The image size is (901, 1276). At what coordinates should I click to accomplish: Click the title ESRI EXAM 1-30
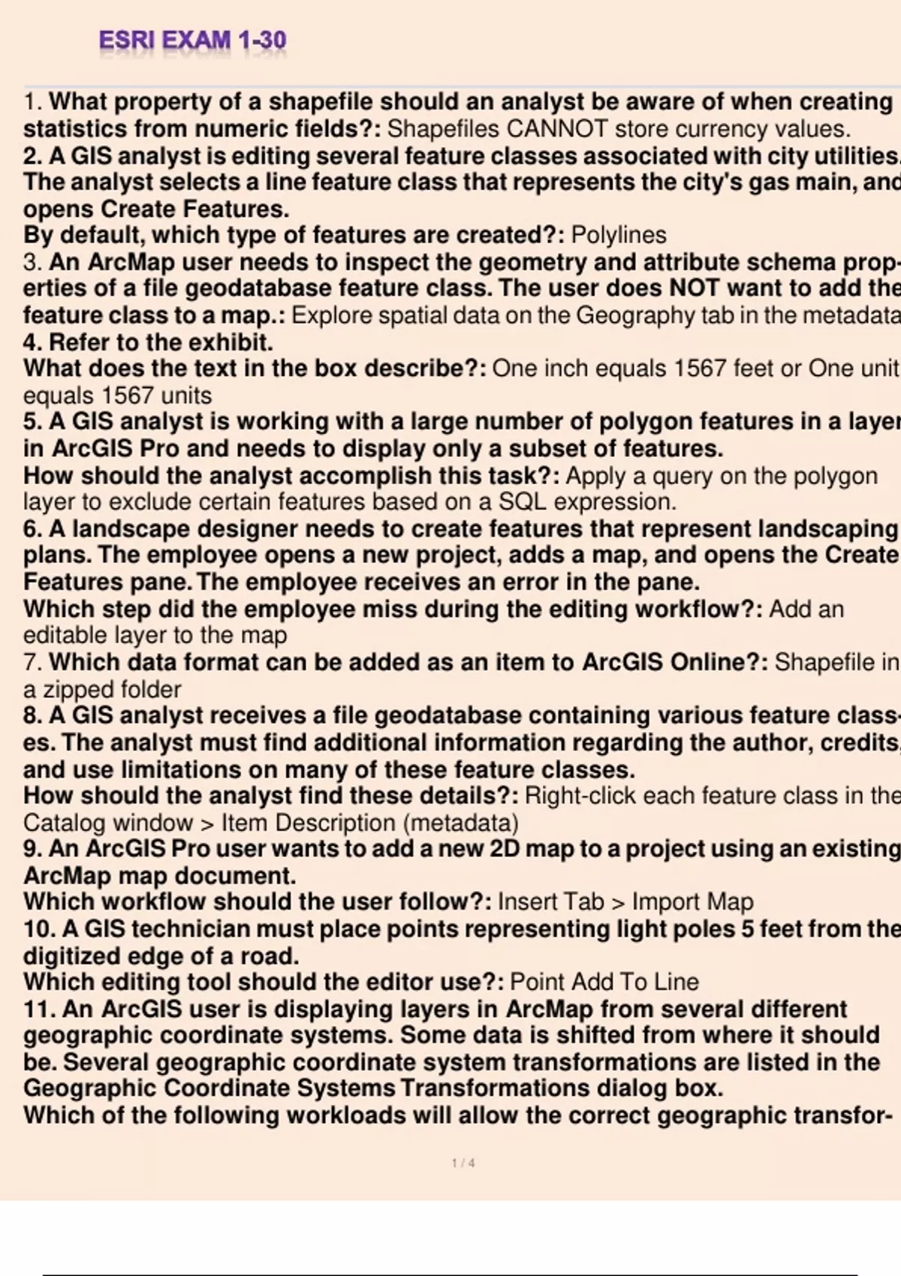(192, 40)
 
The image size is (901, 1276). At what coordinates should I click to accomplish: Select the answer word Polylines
(619, 236)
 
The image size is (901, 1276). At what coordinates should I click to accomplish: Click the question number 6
(32, 529)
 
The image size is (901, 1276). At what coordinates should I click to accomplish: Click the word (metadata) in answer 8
(460, 823)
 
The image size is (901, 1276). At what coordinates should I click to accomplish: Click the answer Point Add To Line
(604, 983)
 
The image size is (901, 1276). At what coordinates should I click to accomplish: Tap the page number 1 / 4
(463, 1163)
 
